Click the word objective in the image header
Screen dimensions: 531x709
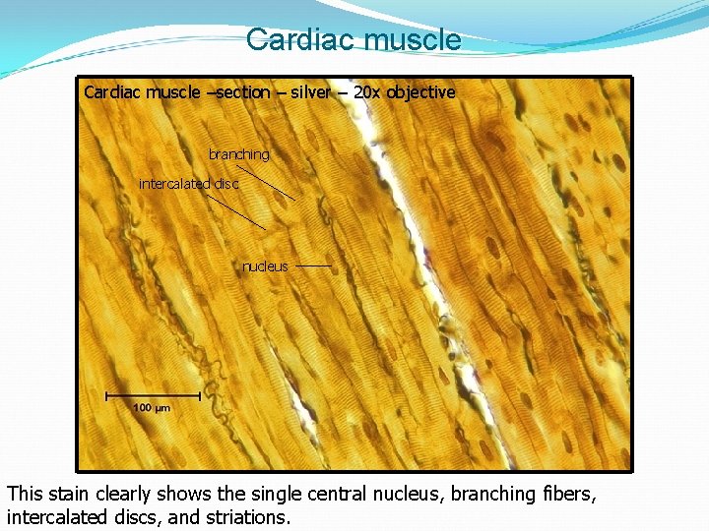tap(420, 92)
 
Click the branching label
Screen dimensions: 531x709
tap(238, 154)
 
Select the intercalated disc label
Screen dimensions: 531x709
tap(188, 184)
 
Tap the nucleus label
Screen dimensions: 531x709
tap(265, 266)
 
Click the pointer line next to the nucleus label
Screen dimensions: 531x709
tap(313, 265)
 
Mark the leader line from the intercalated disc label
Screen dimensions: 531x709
tap(236, 211)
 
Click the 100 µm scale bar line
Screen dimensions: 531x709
tap(153, 395)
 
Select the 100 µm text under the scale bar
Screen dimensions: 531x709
tap(152, 408)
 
